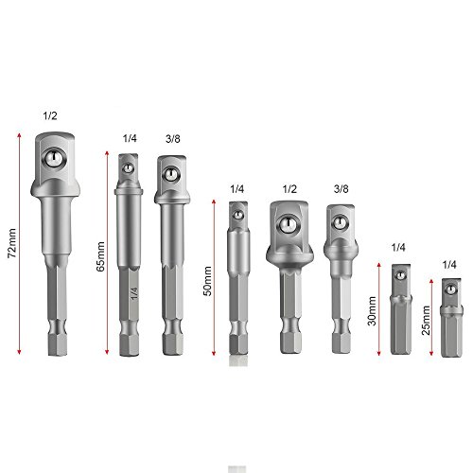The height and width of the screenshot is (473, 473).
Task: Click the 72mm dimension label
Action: point(12,243)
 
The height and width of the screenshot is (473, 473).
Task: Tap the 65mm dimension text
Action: point(100,256)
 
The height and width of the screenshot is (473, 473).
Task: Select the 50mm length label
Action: point(208,281)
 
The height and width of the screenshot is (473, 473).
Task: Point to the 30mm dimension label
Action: point(373,311)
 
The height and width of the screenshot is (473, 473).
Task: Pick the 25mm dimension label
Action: point(426,321)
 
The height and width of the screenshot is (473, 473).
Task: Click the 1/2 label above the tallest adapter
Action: point(50,115)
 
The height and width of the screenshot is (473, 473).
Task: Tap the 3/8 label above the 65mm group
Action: point(173,138)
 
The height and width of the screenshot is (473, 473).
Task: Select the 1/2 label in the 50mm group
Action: point(289,189)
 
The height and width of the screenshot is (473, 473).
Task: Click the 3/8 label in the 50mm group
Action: point(342,189)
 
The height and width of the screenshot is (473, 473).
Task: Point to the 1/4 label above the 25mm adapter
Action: point(449,265)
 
